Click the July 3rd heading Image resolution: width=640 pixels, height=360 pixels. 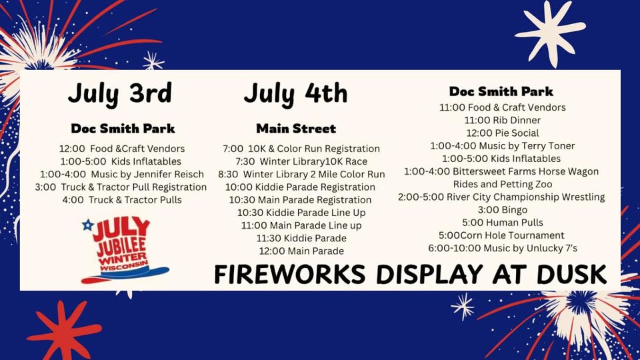[120, 94]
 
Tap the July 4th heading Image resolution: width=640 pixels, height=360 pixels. [295, 94]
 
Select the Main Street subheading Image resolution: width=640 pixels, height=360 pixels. [296, 129]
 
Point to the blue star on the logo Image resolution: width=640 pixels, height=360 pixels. [87, 225]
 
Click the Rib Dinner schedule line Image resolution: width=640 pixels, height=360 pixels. [503, 121]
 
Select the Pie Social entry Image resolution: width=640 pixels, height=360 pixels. [503, 133]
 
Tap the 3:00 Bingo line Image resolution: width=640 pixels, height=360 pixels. [503, 210]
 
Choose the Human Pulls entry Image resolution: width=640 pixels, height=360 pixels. [503, 223]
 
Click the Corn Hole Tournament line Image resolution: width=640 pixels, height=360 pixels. [501, 235]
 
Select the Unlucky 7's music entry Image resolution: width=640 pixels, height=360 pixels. [503, 248]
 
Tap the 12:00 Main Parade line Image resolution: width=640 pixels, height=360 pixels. [301, 251]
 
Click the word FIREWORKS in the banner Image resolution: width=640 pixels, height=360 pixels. [290, 274]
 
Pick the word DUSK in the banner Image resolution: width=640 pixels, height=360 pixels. [571, 274]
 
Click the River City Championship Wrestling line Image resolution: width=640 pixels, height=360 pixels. [501, 197]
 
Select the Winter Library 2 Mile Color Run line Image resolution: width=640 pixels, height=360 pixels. [301, 174]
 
